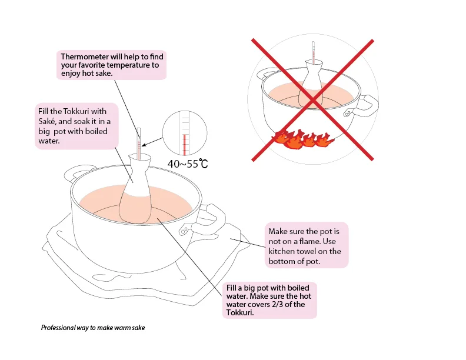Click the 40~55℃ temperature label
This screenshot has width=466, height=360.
coord(188,164)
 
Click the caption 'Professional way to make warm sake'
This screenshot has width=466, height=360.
coord(93,328)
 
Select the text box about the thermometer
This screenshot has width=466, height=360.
coord(112,65)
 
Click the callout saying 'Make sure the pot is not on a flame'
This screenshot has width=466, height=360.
coord(305,245)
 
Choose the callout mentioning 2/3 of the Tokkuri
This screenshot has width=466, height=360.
coord(269,301)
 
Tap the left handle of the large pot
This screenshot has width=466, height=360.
coord(75,174)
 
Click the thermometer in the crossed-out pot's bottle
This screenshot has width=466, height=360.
coord(314,50)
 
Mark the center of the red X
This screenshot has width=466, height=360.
coord(313,100)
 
